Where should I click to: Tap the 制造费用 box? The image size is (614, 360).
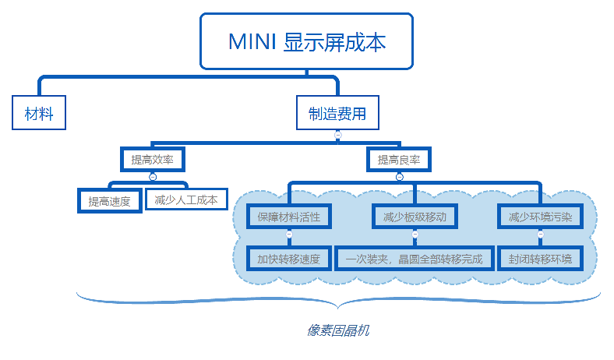point(337,113)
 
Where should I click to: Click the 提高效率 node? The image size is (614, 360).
point(153,159)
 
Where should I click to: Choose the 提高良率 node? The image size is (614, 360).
point(399,159)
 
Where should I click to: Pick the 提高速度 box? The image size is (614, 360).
point(110,200)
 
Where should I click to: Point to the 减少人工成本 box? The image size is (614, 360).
point(185,199)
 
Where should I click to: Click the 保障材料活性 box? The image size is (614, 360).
point(289,217)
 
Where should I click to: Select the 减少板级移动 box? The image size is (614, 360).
point(415,217)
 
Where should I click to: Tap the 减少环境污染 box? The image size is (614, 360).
point(540,217)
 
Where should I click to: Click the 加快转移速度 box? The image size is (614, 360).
point(289,258)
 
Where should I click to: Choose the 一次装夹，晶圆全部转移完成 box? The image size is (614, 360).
point(415,258)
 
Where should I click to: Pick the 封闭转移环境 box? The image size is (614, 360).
point(540,258)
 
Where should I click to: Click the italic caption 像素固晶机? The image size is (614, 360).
point(337,330)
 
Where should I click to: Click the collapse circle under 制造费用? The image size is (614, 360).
point(337,135)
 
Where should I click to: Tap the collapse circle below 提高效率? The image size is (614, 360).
point(153,177)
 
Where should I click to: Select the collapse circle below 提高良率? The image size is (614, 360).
point(399,177)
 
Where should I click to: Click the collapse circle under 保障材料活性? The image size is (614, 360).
point(289,234)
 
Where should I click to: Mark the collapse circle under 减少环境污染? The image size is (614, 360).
point(540,234)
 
